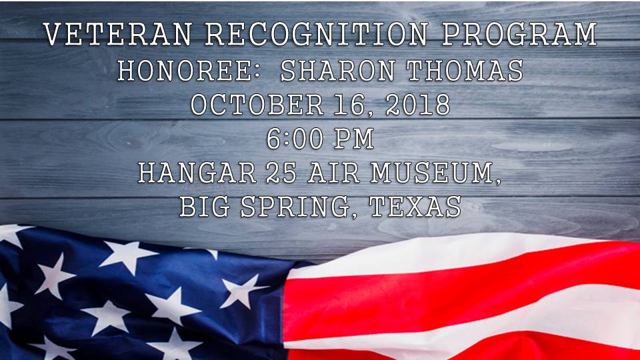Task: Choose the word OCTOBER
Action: tap(250, 105)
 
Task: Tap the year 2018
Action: tap(417, 105)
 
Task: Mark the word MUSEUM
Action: tap(431, 173)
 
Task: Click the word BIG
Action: tap(203, 207)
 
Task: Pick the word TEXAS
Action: tap(415, 207)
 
